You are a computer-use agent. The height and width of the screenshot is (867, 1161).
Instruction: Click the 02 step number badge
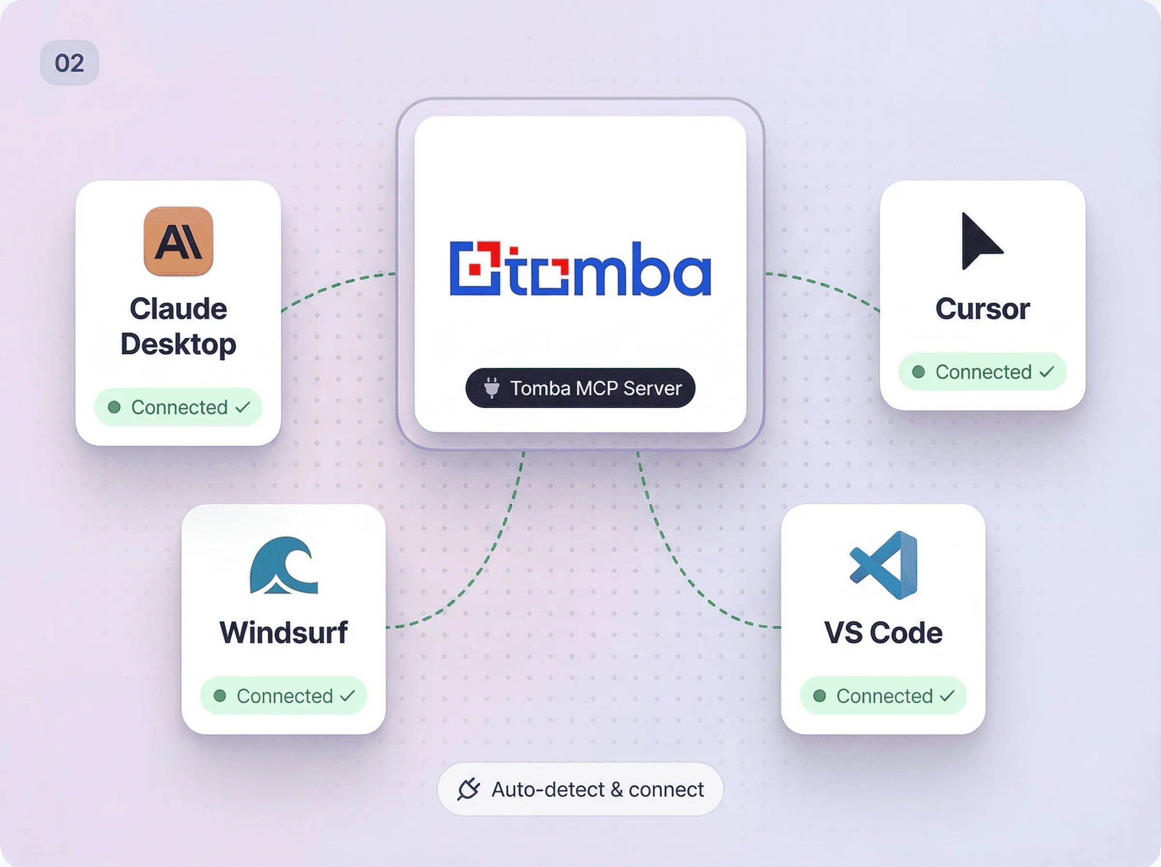pos(69,63)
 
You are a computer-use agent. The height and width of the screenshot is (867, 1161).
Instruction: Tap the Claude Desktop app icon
pos(179,241)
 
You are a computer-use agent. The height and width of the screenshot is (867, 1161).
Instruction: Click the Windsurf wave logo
pos(284,565)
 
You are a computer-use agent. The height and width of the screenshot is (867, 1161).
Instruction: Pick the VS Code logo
pos(883,565)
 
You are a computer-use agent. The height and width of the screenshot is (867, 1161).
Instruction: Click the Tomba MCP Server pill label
pos(580,388)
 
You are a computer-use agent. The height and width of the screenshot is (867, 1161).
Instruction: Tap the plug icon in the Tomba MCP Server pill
pos(491,388)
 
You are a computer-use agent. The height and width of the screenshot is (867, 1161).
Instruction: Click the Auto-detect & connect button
pos(580,789)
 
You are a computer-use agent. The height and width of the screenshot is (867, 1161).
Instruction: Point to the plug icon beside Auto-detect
pos(468,789)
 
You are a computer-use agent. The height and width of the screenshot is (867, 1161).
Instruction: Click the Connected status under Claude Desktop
pos(179,407)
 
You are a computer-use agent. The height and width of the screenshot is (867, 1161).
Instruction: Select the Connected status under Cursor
pos(982,372)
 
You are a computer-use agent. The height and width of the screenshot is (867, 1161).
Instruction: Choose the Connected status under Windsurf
pos(284,696)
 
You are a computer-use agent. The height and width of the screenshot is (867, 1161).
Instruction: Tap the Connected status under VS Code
pos(883,696)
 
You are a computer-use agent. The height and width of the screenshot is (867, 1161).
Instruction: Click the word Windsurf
pos(284,632)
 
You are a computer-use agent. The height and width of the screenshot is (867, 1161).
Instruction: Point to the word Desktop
pos(179,345)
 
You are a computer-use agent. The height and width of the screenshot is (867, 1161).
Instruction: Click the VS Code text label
pos(883,632)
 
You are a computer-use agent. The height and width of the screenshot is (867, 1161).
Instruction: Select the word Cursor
pos(982,309)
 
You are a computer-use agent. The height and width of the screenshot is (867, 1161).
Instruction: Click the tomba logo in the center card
pos(580,268)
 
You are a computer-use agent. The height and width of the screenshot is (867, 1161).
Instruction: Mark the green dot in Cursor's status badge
pos(919,372)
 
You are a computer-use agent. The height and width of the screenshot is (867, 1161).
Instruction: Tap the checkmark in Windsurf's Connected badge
pos(347,696)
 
